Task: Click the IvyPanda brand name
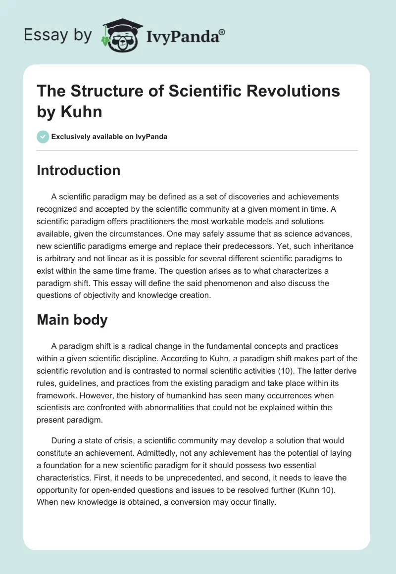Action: [x=184, y=35]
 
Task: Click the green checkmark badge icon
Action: [x=44, y=137]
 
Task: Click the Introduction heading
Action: [x=78, y=170]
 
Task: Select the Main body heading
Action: [x=72, y=320]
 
